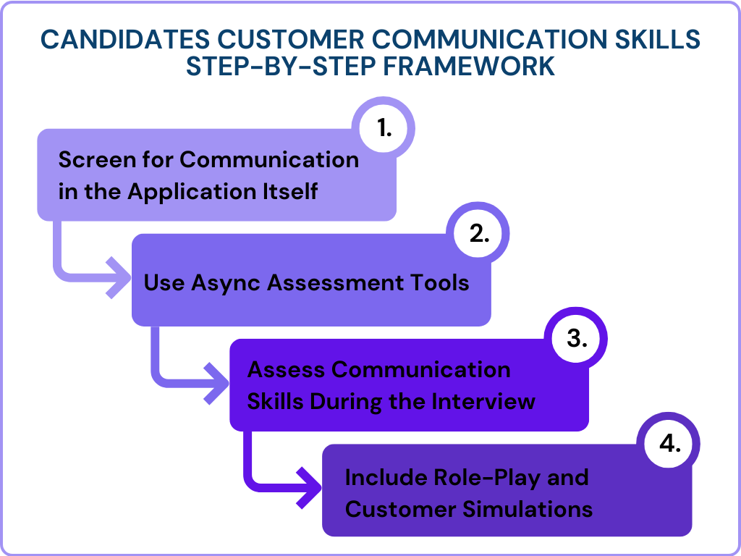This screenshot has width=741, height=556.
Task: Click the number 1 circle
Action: [x=384, y=128]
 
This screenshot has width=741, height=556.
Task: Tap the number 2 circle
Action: [x=479, y=233]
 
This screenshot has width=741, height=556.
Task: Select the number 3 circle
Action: [x=576, y=338]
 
